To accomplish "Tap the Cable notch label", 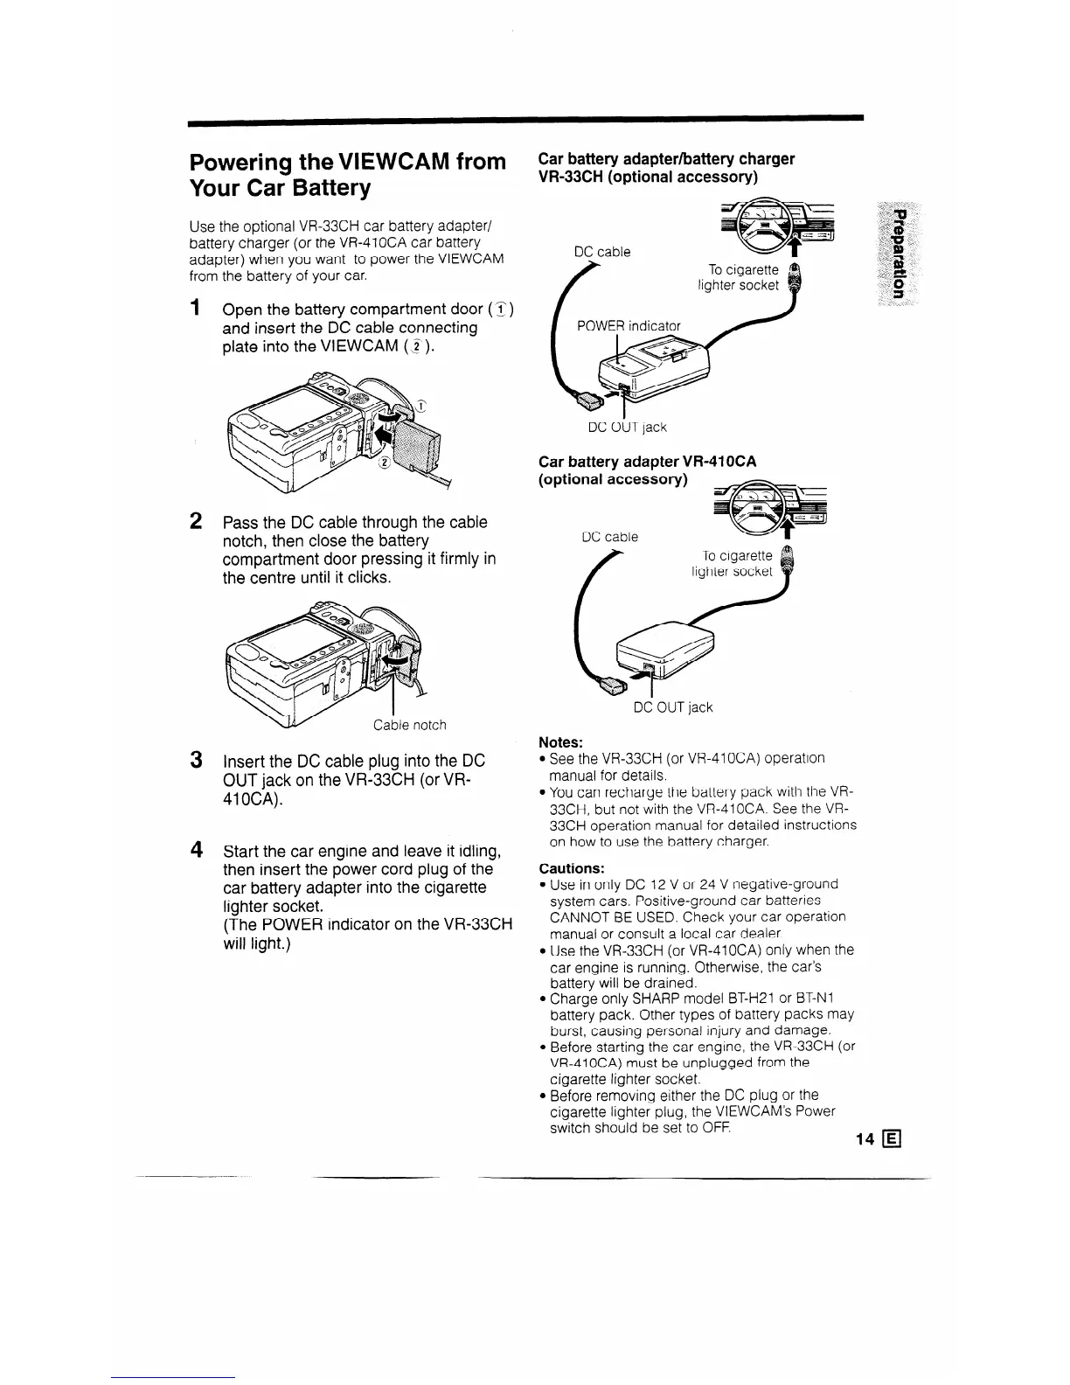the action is pos(409,725).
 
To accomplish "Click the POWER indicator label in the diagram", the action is pos(628,326).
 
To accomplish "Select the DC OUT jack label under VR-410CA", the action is pos(672,707).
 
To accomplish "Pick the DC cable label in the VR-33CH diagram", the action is pos(602,252).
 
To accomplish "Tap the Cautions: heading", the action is pos(572,868).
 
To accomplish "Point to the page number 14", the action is pos(865,1139).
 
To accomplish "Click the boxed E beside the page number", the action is pos(892,1139).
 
